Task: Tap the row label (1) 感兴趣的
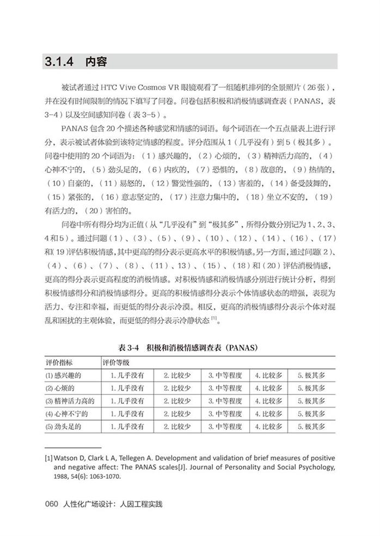click(63, 375)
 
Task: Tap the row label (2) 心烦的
click(59, 389)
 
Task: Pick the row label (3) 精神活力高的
click(69, 401)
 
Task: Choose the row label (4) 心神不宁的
click(66, 414)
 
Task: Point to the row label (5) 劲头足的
click(63, 427)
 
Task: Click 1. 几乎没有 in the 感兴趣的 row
click(127, 375)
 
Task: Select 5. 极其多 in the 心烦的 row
click(311, 389)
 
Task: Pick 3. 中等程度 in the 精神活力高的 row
click(224, 401)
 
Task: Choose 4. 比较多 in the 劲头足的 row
click(268, 427)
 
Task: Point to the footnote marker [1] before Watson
click(48, 458)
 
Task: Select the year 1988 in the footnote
click(62, 476)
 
